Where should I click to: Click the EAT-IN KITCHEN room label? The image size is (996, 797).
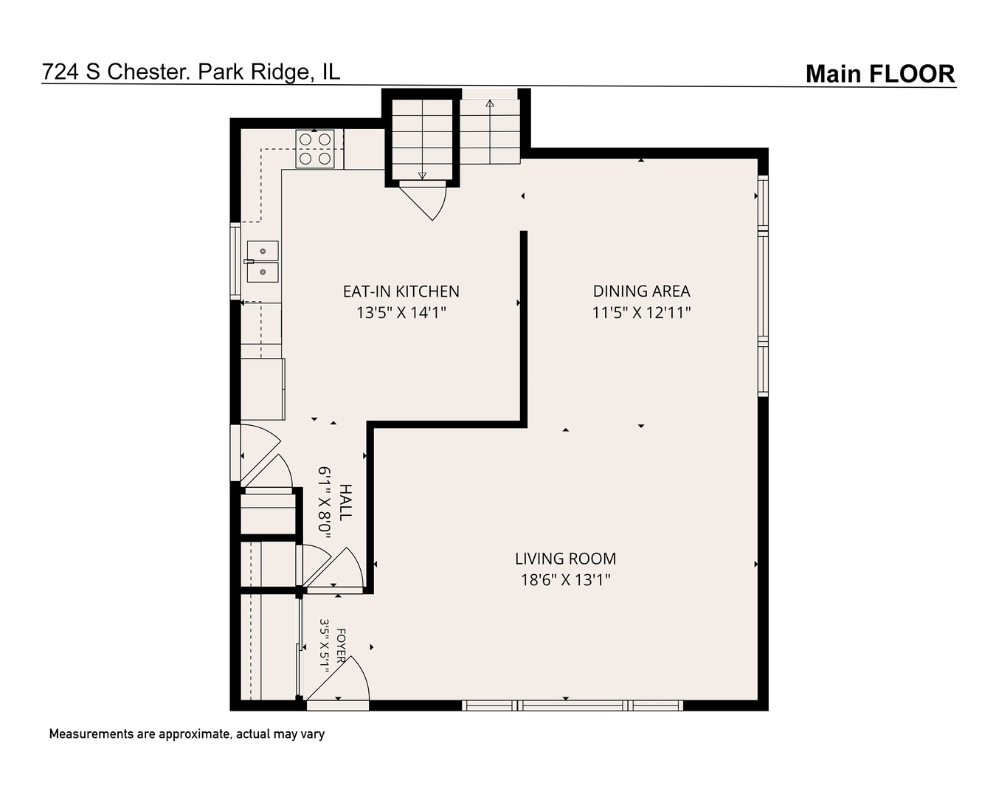401,291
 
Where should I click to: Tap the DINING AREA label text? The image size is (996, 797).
641,291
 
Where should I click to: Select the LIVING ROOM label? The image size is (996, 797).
566,559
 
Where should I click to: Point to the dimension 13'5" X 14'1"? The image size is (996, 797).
401,313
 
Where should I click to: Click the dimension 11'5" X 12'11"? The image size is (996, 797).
641,313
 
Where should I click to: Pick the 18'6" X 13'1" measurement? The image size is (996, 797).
566,580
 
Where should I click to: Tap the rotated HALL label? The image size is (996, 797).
346,503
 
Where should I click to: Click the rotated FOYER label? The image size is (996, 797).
341,646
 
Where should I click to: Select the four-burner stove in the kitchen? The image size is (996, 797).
315,148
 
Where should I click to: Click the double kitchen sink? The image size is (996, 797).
263,262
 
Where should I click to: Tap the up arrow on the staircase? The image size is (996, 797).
490,131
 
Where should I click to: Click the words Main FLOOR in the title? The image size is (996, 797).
880,74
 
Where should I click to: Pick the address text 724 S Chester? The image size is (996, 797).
116,72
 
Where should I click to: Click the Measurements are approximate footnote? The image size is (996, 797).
187,734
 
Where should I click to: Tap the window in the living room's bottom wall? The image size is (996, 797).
573,705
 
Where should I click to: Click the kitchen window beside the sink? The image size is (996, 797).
235,262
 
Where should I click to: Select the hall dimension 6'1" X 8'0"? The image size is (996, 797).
325,503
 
